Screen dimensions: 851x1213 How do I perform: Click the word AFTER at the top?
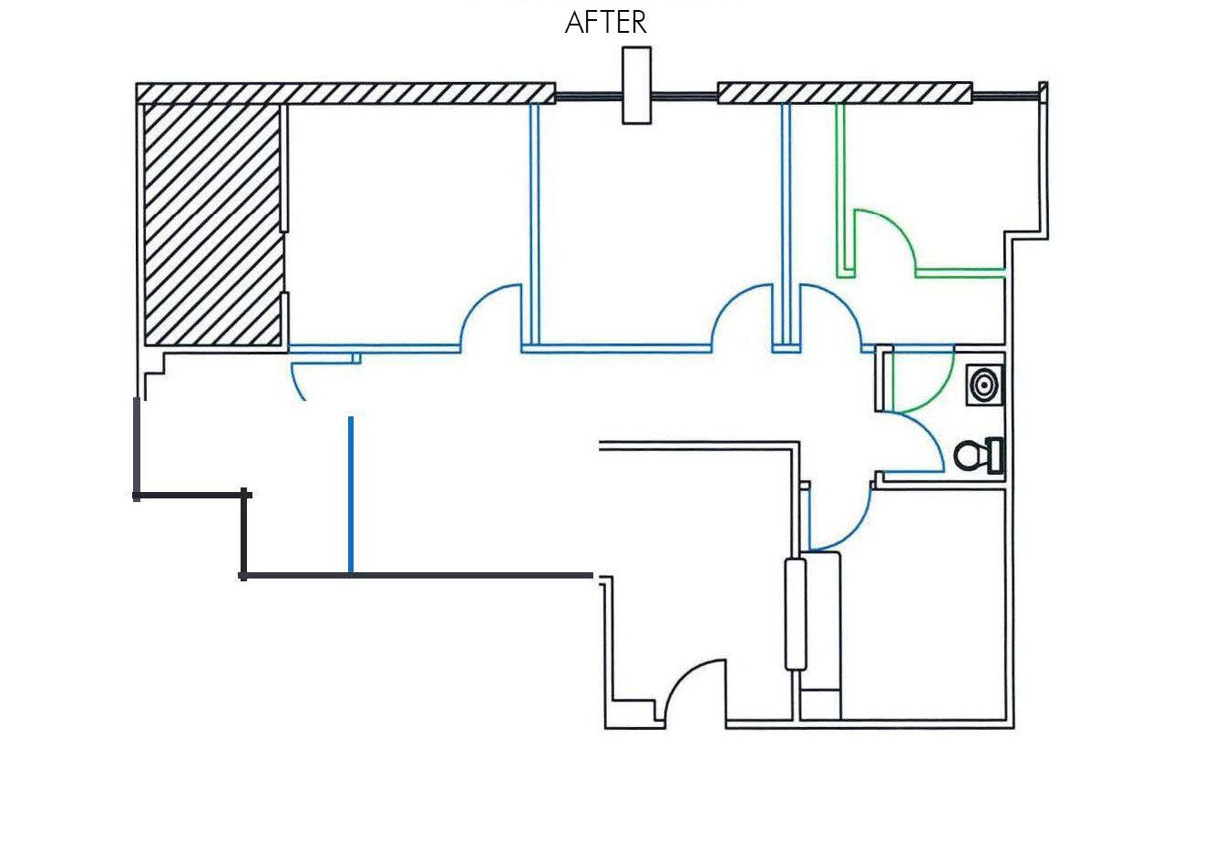click(x=606, y=22)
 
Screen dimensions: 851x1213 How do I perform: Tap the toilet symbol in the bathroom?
click(x=978, y=456)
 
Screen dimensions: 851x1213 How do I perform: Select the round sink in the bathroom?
click(x=984, y=384)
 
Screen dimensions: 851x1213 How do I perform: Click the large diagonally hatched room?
click(x=212, y=224)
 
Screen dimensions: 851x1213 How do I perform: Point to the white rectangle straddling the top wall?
click(x=636, y=85)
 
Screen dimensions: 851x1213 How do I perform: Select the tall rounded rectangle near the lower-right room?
click(x=796, y=614)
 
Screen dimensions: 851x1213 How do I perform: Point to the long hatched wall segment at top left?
click(x=345, y=93)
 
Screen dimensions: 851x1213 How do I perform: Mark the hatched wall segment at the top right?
click(x=845, y=93)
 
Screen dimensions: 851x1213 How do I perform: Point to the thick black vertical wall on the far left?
click(x=138, y=447)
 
